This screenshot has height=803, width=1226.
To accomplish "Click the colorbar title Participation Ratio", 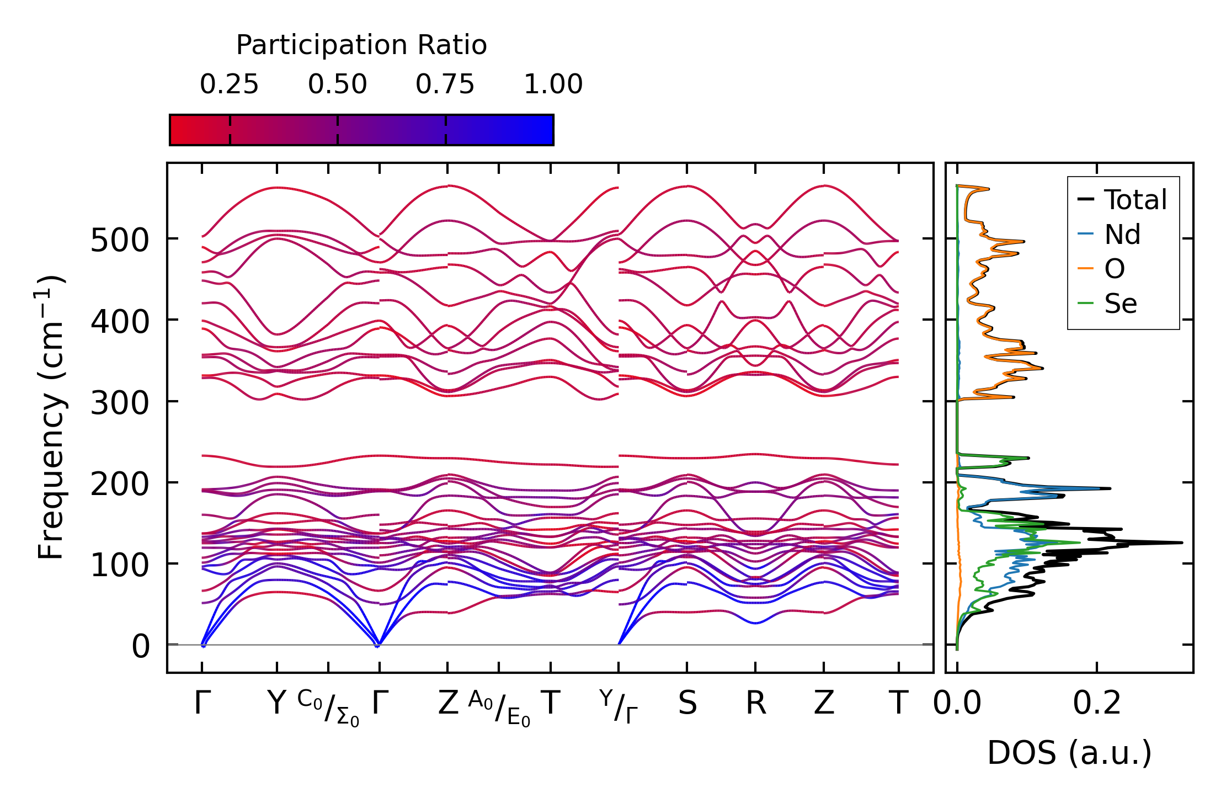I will (361, 45).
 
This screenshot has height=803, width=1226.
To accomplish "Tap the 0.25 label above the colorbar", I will (229, 84).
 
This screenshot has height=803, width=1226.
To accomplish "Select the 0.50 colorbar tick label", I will (337, 84).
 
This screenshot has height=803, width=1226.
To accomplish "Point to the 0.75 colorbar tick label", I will (445, 84).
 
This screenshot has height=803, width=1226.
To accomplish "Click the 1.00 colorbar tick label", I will (553, 84).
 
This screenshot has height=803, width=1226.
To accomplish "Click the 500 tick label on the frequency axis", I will (120, 241).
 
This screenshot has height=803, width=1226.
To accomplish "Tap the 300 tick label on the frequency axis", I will (120, 403).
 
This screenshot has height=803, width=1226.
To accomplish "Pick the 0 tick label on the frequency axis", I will (140, 646).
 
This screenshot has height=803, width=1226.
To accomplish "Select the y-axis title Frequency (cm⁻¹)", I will (51, 417).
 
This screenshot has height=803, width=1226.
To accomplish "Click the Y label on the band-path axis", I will (276, 704).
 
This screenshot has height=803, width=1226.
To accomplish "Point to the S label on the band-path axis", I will (687, 704).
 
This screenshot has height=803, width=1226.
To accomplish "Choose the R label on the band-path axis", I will (755, 704).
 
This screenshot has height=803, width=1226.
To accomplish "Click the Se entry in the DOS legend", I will (1120, 304).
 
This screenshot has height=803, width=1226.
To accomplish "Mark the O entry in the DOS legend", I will (1114, 269).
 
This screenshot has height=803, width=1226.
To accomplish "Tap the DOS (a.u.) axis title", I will (1069, 753).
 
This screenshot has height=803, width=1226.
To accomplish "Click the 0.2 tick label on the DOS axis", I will (1096, 704).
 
